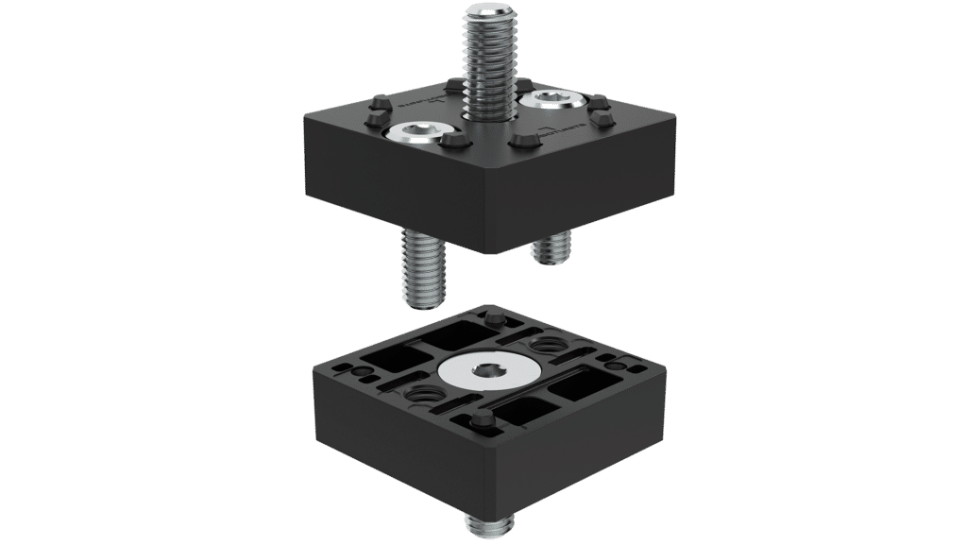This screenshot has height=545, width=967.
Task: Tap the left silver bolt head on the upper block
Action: [x=410, y=134]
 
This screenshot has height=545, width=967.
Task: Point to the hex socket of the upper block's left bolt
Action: [x=410, y=134]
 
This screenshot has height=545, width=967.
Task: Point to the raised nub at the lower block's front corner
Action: [x=482, y=418]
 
